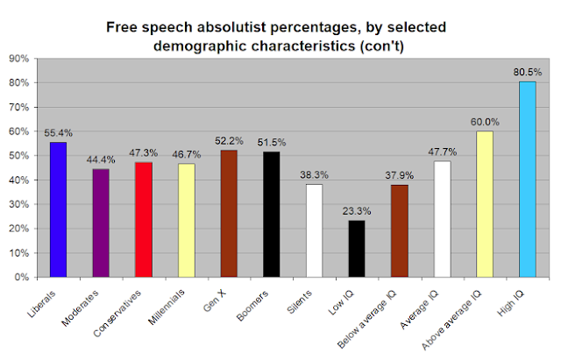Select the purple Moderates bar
tap(101, 223)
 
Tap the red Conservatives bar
tap(144, 220)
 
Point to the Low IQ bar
tap(357, 249)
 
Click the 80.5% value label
tap(527, 74)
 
